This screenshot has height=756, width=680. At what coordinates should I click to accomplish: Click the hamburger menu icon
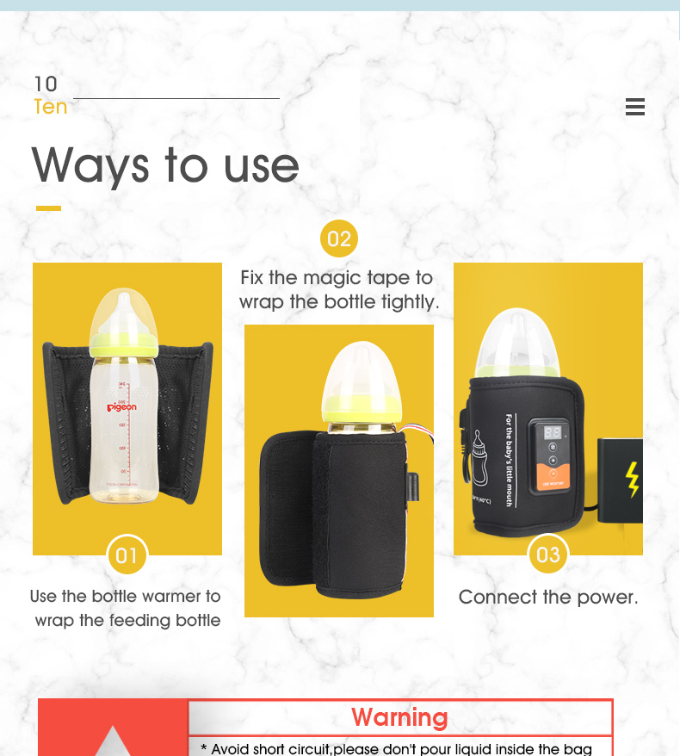click(635, 107)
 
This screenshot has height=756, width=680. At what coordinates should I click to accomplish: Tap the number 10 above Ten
click(46, 84)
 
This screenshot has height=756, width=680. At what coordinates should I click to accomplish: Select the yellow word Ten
click(50, 107)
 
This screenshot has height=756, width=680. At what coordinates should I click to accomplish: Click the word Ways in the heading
click(90, 165)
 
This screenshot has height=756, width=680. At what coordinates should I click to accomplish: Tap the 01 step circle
click(127, 555)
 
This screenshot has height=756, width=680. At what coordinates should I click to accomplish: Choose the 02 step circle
click(339, 239)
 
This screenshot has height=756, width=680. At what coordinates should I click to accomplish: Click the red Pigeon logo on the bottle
click(121, 407)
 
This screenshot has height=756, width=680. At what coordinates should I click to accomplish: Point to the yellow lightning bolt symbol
click(633, 480)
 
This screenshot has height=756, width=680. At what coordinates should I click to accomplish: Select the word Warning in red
click(399, 717)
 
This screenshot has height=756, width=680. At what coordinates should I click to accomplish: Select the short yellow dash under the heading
click(48, 208)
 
